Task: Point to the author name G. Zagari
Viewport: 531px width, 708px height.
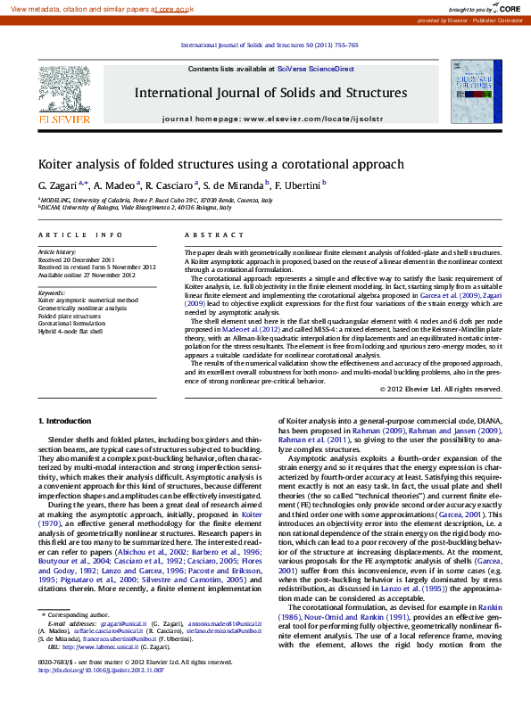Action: coord(57,185)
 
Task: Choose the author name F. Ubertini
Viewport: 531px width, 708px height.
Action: coord(300,185)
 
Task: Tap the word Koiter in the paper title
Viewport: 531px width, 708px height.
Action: coord(56,164)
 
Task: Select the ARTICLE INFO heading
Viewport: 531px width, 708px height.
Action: coord(80,235)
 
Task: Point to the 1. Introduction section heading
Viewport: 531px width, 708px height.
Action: coord(67,420)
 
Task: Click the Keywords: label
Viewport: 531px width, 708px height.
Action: coord(51,292)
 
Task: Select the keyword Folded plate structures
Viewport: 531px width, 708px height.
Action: coord(70,316)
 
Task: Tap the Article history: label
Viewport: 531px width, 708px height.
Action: coord(56,252)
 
